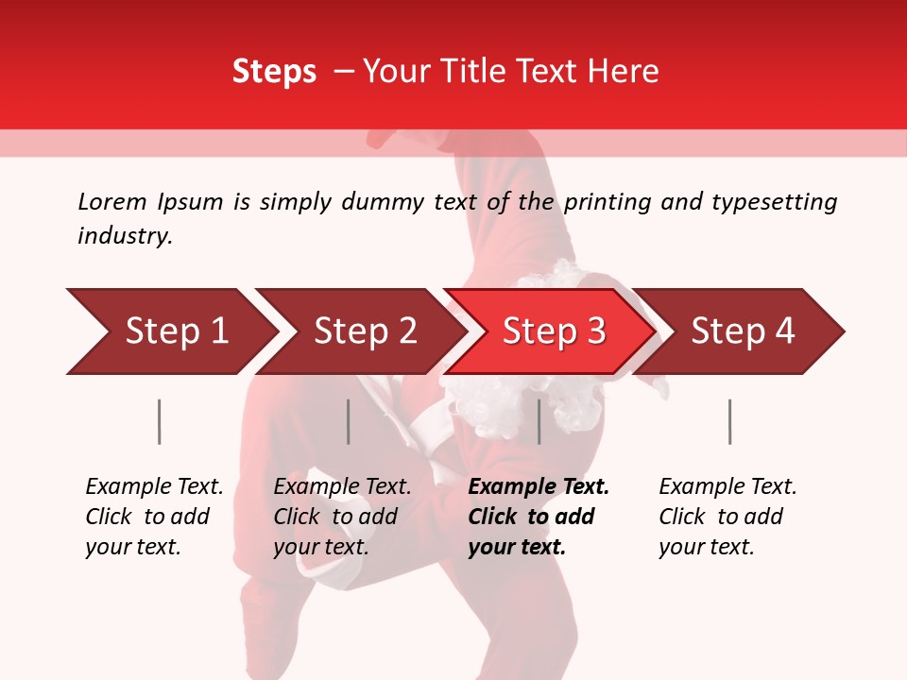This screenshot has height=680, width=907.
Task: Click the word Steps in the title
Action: click(x=274, y=72)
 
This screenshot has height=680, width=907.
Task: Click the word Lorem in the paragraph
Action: click(x=112, y=201)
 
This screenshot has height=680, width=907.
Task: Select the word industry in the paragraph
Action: click(x=124, y=236)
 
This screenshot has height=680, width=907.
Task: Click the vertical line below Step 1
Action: click(x=160, y=421)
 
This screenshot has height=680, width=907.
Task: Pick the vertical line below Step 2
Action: click(x=349, y=421)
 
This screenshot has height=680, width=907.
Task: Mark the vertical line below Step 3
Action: click(x=539, y=421)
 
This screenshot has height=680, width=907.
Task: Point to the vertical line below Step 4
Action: click(x=730, y=421)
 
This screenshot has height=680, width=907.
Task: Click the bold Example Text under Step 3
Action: click(x=539, y=487)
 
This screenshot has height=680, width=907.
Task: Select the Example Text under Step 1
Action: click(x=154, y=487)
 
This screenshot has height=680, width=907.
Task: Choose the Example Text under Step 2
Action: click(x=342, y=487)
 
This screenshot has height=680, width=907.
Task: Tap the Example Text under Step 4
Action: click(x=727, y=487)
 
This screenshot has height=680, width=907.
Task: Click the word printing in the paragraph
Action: click(x=607, y=202)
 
